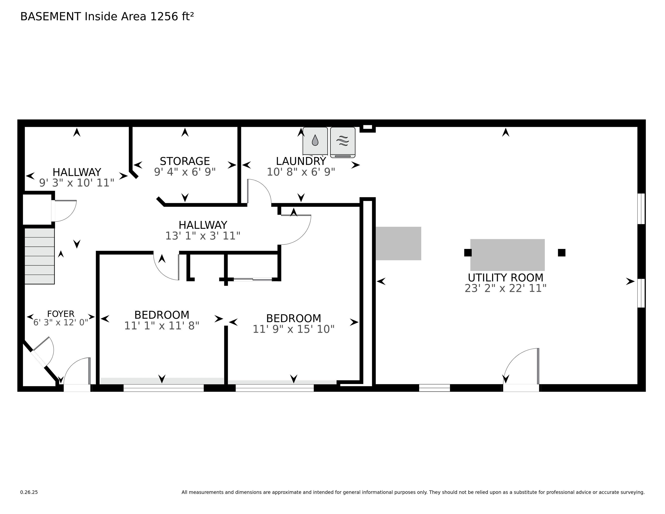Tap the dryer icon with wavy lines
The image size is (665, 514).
(343, 142)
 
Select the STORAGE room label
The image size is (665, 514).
(185, 161)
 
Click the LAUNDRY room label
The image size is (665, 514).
(301, 161)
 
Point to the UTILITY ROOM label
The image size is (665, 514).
(505, 278)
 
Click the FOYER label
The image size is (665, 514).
(61, 314)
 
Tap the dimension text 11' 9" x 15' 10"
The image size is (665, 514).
(294, 329)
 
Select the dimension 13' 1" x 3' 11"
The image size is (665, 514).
(203, 236)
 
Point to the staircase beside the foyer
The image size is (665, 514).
(39, 256)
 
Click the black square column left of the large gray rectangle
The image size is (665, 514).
(468, 253)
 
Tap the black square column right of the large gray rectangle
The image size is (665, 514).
(562, 253)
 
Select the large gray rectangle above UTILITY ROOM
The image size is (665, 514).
(508, 255)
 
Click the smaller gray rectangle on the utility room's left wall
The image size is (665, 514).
(398, 243)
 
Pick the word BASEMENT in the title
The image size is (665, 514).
(51, 17)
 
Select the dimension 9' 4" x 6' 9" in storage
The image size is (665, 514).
(185, 172)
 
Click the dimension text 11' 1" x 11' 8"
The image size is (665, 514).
(162, 326)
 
